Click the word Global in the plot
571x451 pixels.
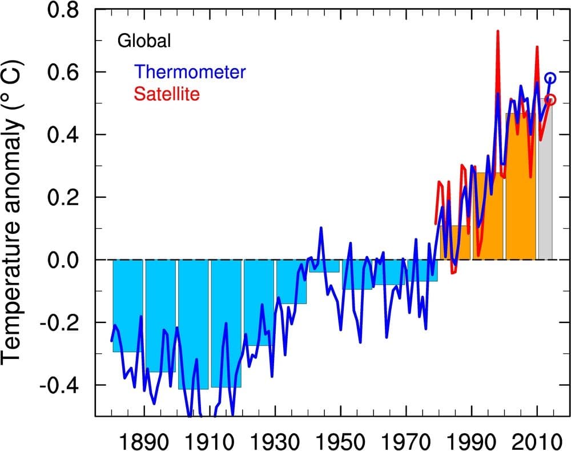144,41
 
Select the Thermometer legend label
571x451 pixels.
191,72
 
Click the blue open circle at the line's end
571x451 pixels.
550,78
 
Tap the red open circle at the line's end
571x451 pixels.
550,99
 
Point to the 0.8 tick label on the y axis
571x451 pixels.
65,10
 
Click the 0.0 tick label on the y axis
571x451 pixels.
65,260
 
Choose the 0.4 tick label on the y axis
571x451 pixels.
65,135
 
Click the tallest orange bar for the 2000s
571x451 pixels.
520,189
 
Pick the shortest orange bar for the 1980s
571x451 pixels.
455,243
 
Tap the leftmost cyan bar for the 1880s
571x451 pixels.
127,306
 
